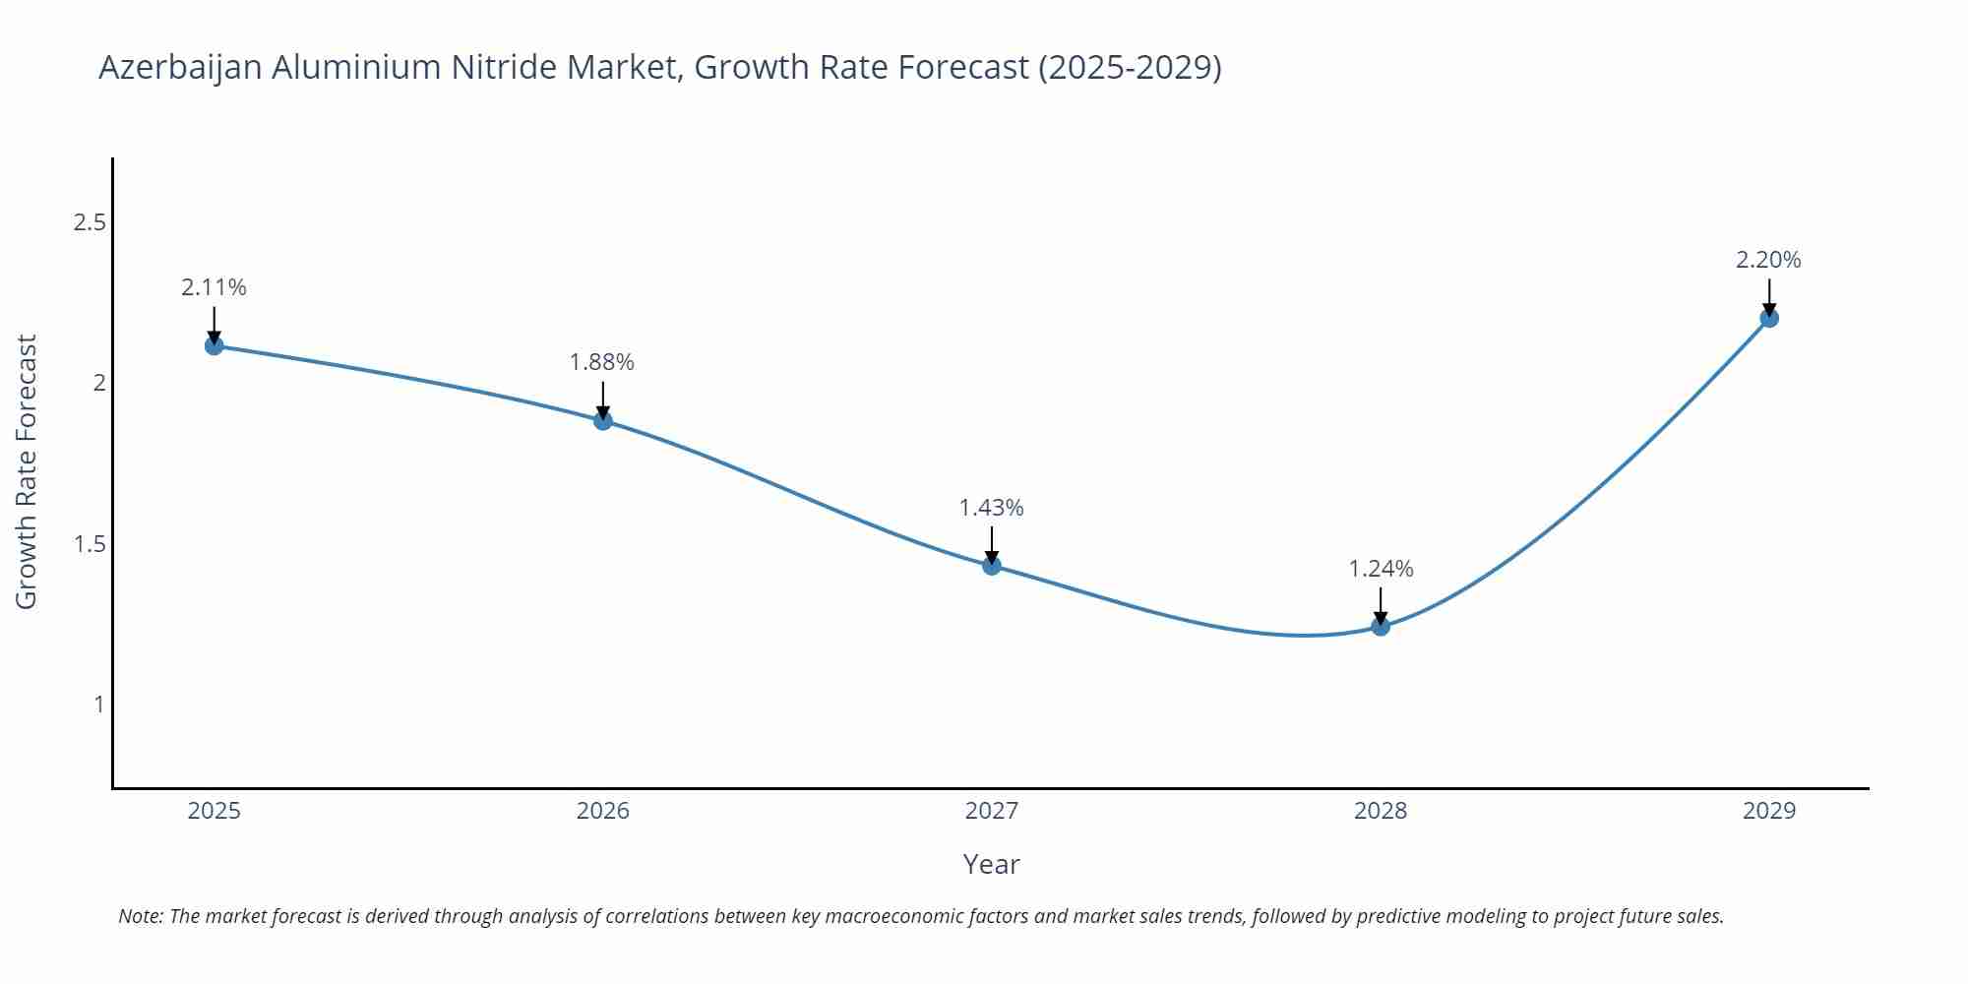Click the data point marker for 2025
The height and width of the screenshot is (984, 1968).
pos(214,345)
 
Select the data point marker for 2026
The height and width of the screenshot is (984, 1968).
pos(603,420)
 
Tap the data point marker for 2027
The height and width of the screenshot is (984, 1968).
pos(992,565)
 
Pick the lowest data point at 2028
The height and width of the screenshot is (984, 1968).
pos(1381,626)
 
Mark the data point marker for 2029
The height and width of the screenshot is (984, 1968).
pos(1769,318)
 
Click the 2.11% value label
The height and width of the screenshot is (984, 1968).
pos(214,287)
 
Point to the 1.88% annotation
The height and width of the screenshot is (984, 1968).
pos(602,362)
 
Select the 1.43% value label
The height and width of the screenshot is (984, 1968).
pos(991,508)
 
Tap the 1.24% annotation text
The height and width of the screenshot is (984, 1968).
pos(1381,569)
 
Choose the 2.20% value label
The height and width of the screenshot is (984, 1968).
pos(1768,260)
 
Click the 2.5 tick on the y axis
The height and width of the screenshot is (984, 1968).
pos(90,222)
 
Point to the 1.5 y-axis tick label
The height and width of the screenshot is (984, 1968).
pos(90,544)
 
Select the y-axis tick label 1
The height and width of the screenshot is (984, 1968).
pos(99,705)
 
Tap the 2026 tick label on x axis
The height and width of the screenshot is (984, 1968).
pos(602,811)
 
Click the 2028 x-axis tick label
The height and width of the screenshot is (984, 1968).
pos(1381,811)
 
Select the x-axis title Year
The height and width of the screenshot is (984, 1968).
pos(991,864)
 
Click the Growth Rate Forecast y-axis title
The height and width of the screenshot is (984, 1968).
pos(27,472)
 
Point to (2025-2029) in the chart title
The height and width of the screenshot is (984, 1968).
pos(1130,68)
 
